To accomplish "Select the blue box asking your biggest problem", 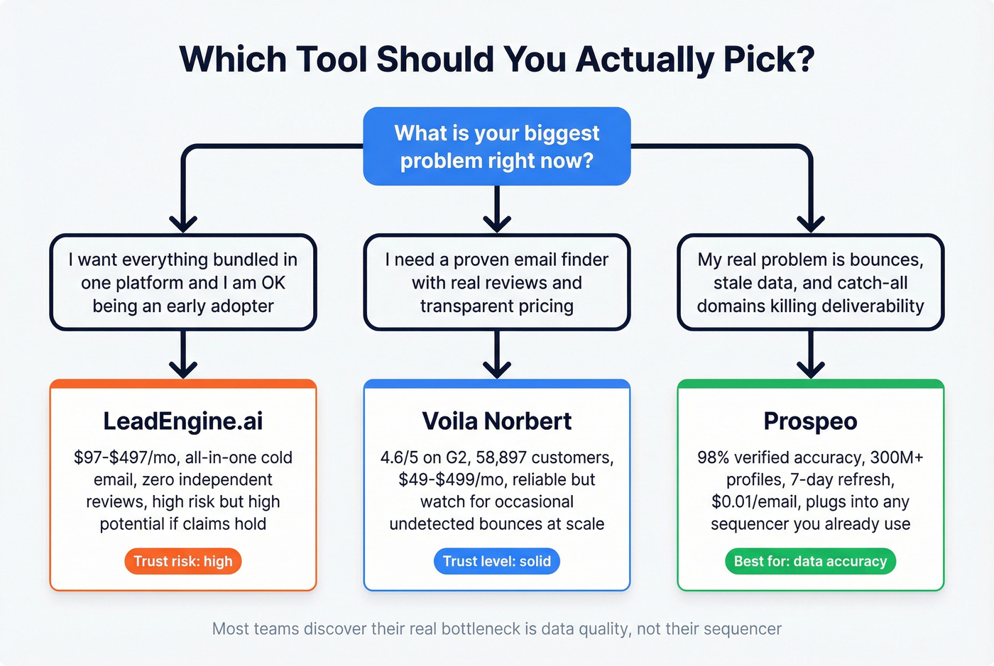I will [497, 147].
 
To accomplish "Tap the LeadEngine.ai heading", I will [183, 421].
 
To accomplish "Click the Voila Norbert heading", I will [497, 421].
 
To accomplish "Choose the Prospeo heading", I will [810, 421].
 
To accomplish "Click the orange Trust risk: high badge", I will [183, 561].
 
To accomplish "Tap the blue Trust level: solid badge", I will [497, 561].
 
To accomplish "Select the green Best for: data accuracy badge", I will [810, 561].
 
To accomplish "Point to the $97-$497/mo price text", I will [126, 457].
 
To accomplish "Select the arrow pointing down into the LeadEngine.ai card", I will [183, 358].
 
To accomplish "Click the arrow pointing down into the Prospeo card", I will [810, 358].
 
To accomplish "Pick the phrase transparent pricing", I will [497, 306].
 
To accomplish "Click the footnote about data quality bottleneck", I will [497, 629].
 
